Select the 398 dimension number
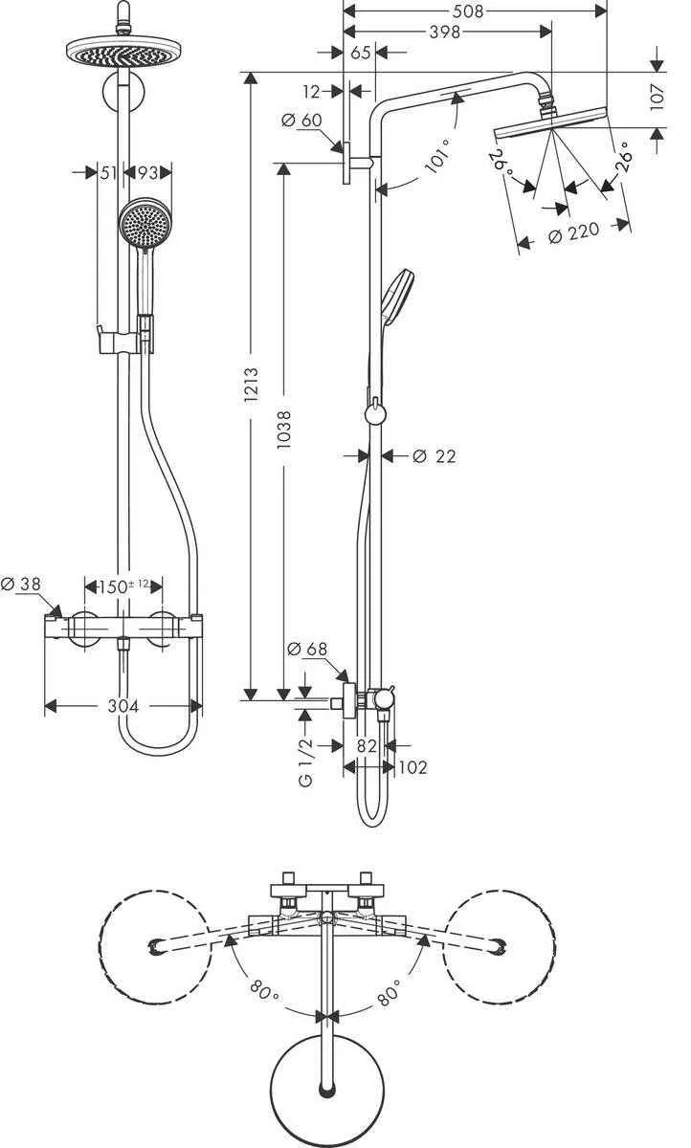(x=445, y=32)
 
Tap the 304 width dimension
(x=123, y=706)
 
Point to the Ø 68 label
(x=307, y=650)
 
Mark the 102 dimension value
(x=412, y=766)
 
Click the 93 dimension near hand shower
(x=147, y=172)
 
